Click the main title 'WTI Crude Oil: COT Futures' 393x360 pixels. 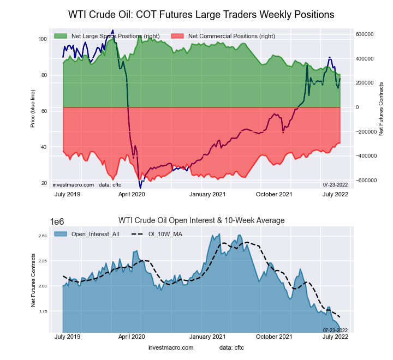click(201, 13)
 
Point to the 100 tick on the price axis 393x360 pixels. click(43, 39)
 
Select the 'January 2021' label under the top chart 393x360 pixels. click(208, 194)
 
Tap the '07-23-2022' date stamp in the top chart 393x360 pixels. click(335, 185)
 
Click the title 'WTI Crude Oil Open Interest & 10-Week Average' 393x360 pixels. click(201, 220)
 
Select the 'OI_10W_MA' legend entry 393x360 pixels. click(164, 233)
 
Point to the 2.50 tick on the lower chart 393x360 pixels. click(43, 236)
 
